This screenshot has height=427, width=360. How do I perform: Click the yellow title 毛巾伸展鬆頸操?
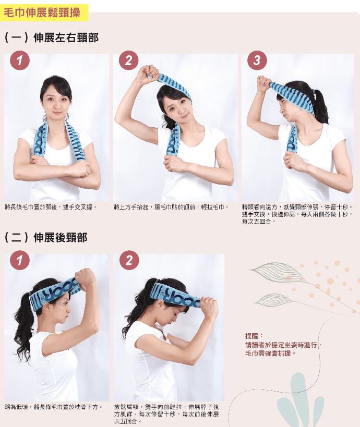click(x=42, y=13)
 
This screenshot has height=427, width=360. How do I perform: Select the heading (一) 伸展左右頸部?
click(x=52, y=38)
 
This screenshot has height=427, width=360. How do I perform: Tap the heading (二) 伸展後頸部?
click(x=46, y=237)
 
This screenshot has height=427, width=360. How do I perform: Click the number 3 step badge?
click(x=257, y=60)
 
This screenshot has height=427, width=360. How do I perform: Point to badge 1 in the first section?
click(x=20, y=60)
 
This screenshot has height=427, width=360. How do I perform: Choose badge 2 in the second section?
click(x=129, y=260)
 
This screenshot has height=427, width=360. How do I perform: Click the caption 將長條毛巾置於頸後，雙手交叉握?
click(x=51, y=207)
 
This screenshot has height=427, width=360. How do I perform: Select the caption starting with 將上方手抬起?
click(x=171, y=207)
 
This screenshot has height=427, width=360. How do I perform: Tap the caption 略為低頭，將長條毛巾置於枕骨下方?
click(x=53, y=407)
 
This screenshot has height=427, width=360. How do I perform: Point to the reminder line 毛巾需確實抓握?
click(x=270, y=353)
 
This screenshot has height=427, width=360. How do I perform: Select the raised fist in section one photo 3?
click(x=263, y=83)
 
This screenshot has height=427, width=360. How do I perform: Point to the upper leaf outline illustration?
click(x=277, y=272)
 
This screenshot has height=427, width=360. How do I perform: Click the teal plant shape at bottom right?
click(x=301, y=402)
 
